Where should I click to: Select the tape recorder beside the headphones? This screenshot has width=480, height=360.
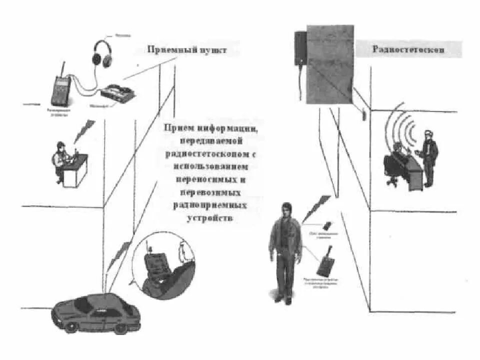point(118,92)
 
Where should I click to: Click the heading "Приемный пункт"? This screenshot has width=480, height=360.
point(186,50)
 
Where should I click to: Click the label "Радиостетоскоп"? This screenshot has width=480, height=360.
point(408,49)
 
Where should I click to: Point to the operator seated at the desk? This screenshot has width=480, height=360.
point(60,160)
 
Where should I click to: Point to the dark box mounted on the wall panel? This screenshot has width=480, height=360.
point(299,48)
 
